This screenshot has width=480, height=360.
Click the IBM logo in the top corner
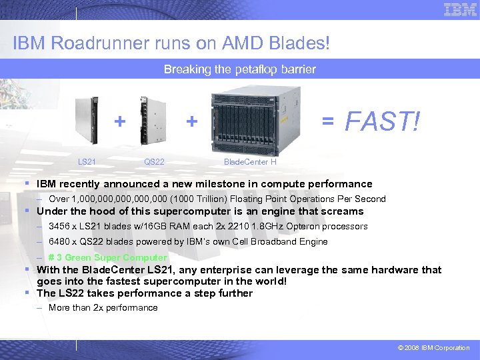click(x=460, y=9)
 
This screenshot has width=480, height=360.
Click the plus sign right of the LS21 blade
click(x=119, y=121)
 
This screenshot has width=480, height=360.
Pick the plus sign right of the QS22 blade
click(x=192, y=121)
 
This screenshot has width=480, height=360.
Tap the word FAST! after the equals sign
click(x=382, y=121)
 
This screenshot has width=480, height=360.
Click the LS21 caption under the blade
click(x=87, y=162)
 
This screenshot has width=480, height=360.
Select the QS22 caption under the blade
click(x=154, y=162)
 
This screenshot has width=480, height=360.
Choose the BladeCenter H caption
click(x=250, y=162)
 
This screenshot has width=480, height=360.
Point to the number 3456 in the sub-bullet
click(x=59, y=227)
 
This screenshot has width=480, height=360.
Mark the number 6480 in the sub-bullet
click(x=59, y=242)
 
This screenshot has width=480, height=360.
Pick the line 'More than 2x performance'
click(x=103, y=308)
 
